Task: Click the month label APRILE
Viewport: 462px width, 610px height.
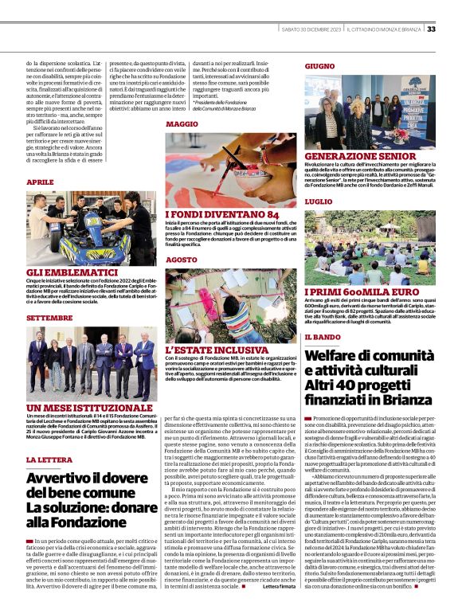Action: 40,182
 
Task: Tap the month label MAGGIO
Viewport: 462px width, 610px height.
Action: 182,125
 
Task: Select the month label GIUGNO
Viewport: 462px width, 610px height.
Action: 319,65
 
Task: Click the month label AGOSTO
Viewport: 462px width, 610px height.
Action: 181,260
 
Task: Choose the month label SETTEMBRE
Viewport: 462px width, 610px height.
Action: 49,317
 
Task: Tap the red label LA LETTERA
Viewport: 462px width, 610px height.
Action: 49,460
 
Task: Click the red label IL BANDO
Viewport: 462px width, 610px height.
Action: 324,338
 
